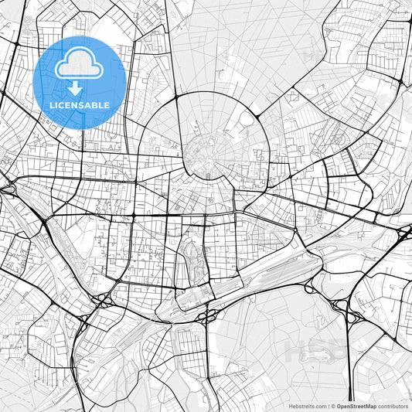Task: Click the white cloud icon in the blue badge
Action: tap(80, 64)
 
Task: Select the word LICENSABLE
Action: tap(80, 106)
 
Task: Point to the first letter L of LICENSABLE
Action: tap(52, 106)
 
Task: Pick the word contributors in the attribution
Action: tap(393, 406)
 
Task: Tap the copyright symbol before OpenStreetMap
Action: tap(332, 406)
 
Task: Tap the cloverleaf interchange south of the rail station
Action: tap(209, 315)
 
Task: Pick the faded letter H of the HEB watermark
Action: tap(295, 350)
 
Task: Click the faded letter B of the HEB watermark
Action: tap(340, 350)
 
